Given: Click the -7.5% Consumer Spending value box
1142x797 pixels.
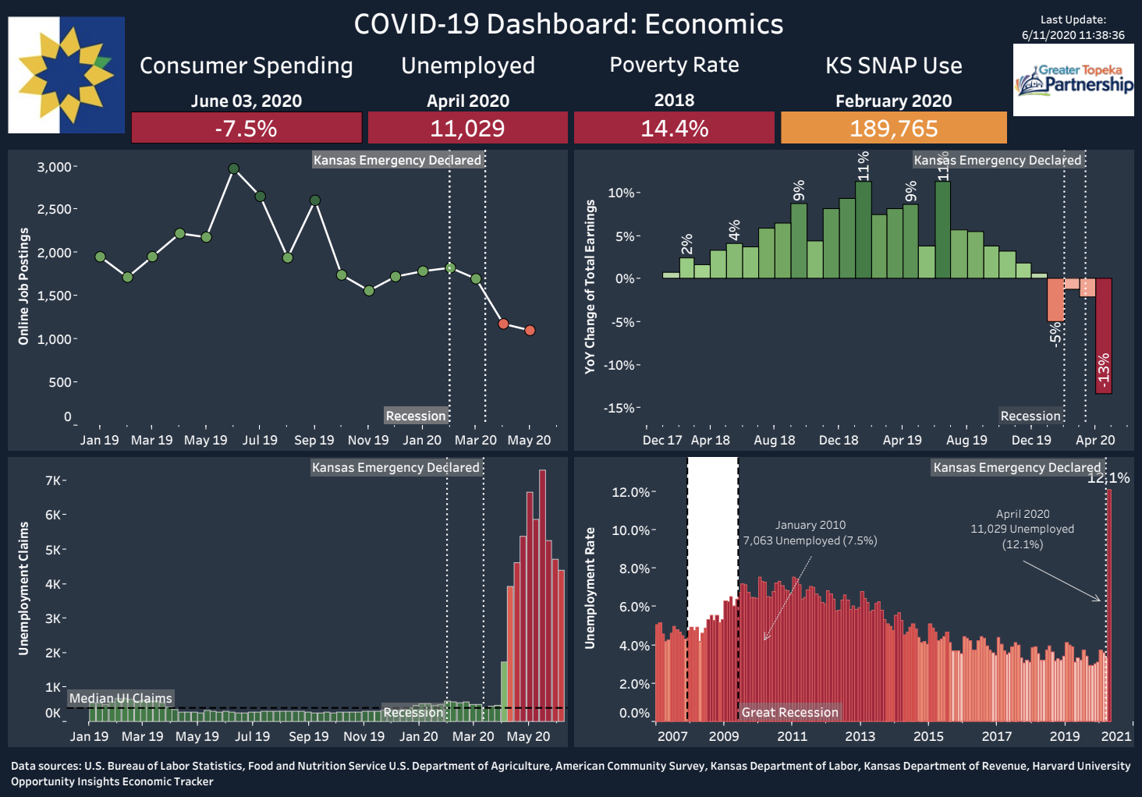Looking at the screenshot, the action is (246, 128).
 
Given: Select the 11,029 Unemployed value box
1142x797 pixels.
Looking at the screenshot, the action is (467, 128).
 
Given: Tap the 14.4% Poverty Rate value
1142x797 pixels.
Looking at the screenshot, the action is (674, 128).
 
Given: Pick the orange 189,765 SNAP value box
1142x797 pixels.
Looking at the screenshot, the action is (894, 128).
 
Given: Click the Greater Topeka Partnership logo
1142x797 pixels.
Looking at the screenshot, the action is (1073, 80).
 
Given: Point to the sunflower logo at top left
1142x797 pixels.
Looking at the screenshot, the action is (66, 75).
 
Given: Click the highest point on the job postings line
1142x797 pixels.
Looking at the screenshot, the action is (233, 168).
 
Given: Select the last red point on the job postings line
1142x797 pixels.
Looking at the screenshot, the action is (530, 330).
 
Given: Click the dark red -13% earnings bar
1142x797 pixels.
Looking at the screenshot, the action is (1104, 336).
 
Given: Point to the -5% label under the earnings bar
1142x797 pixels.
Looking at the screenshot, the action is (1055, 335).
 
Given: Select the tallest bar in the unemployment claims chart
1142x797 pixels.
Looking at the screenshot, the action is (542, 595).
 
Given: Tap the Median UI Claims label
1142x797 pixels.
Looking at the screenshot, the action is (121, 698).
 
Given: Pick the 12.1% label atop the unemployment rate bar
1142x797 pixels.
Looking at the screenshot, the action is (1108, 478).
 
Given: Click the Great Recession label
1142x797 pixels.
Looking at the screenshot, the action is (789, 712).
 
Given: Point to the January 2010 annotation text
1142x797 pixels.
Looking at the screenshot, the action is (810, 533).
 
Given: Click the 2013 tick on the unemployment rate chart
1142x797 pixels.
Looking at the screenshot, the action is (860, 736).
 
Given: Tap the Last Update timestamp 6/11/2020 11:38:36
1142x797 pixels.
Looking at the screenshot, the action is (1073, 35).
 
